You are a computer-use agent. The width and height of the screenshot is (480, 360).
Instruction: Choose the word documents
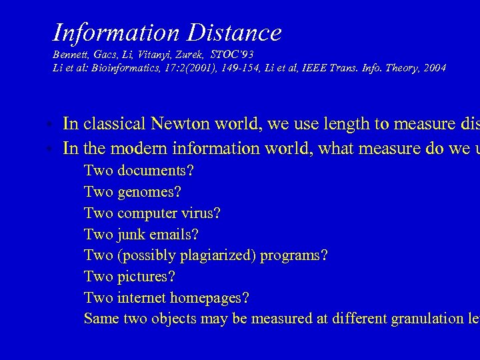(156, 171)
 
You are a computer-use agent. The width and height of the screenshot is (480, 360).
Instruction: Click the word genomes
(149, 192)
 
